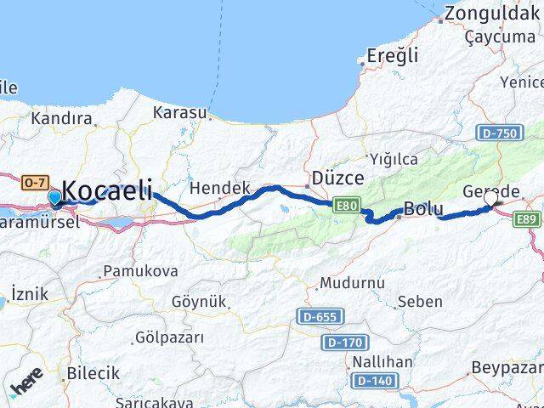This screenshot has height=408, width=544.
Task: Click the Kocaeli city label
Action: (108, 190)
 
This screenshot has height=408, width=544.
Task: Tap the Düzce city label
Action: (337, 178)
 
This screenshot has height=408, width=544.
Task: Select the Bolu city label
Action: (422, 208)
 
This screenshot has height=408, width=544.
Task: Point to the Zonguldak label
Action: (492, 14)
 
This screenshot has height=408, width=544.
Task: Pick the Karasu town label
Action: (179, 113)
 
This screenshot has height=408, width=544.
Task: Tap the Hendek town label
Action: (220, 187)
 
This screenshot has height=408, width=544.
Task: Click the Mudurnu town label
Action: (348, 283)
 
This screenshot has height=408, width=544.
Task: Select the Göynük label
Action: (199, 302)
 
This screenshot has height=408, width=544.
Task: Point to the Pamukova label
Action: (140, 271)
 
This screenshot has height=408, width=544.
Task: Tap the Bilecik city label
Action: (93, 373)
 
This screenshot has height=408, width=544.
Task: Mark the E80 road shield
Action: (347, 205)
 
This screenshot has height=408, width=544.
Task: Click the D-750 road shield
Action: (499, 133)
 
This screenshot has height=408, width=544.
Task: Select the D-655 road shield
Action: (315, 316)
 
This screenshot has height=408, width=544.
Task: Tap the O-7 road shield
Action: (35, 182)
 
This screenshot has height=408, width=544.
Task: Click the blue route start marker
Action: (55, 199)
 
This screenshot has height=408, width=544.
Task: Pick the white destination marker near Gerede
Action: (490, 199)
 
